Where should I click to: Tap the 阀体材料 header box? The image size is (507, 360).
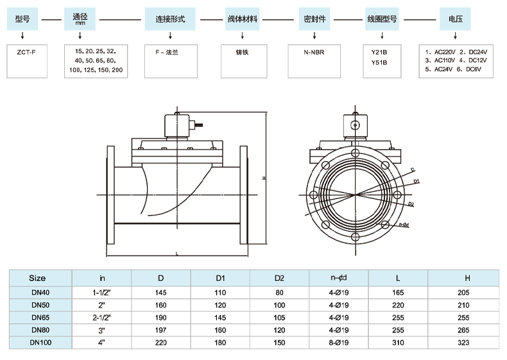click(243, 19)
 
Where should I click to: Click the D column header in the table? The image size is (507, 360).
click(160, 279)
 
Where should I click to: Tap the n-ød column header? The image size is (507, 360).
click(339, 278)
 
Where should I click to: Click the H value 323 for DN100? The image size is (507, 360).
click(467, 343)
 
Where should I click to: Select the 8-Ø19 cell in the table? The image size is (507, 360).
click(339, 343)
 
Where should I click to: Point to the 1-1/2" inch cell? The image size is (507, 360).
click(102, 292)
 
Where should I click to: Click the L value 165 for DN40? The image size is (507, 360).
click(398, 292)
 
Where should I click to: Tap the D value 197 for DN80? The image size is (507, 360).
click(160, 330)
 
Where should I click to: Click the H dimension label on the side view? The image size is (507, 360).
click(264, 178)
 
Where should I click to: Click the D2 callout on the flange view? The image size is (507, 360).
click(411, 204)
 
